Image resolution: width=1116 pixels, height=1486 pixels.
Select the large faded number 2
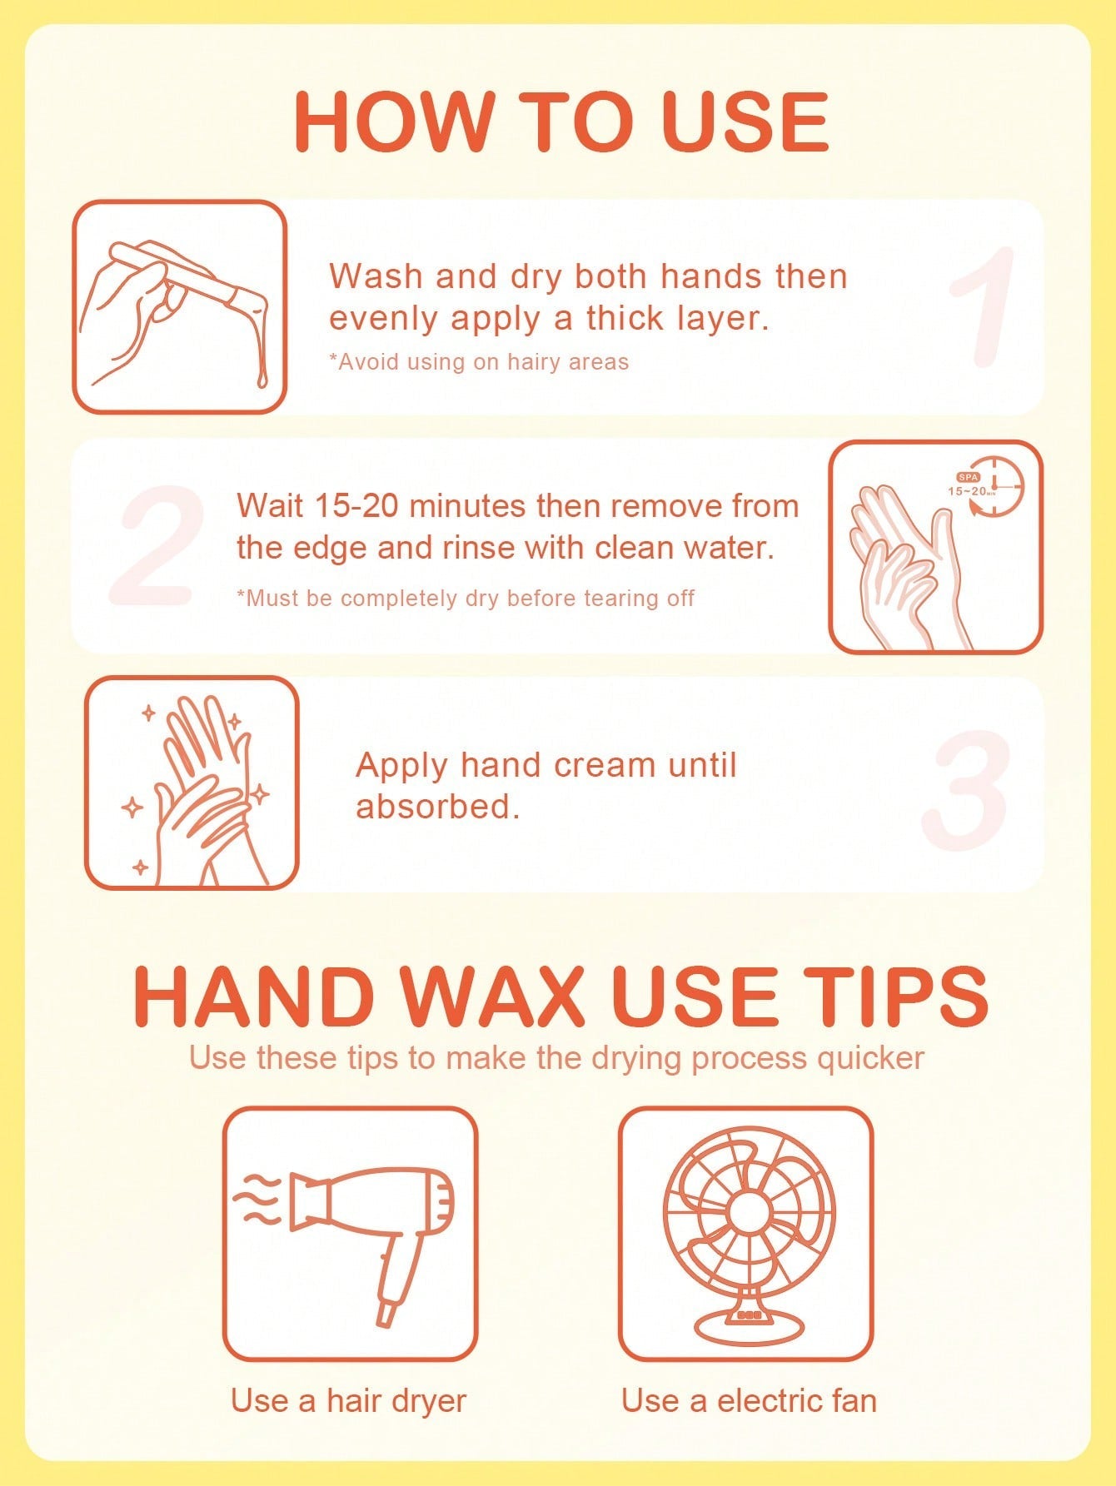pos(158,545)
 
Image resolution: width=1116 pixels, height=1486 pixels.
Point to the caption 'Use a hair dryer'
pos(348,1400)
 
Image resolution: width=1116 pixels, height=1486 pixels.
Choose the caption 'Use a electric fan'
pos(749,1400)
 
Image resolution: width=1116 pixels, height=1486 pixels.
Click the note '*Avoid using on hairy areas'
pos(479,362)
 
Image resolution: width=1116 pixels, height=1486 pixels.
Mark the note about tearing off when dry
pos(466,599)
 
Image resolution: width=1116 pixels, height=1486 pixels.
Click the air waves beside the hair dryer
pos(258,1200)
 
